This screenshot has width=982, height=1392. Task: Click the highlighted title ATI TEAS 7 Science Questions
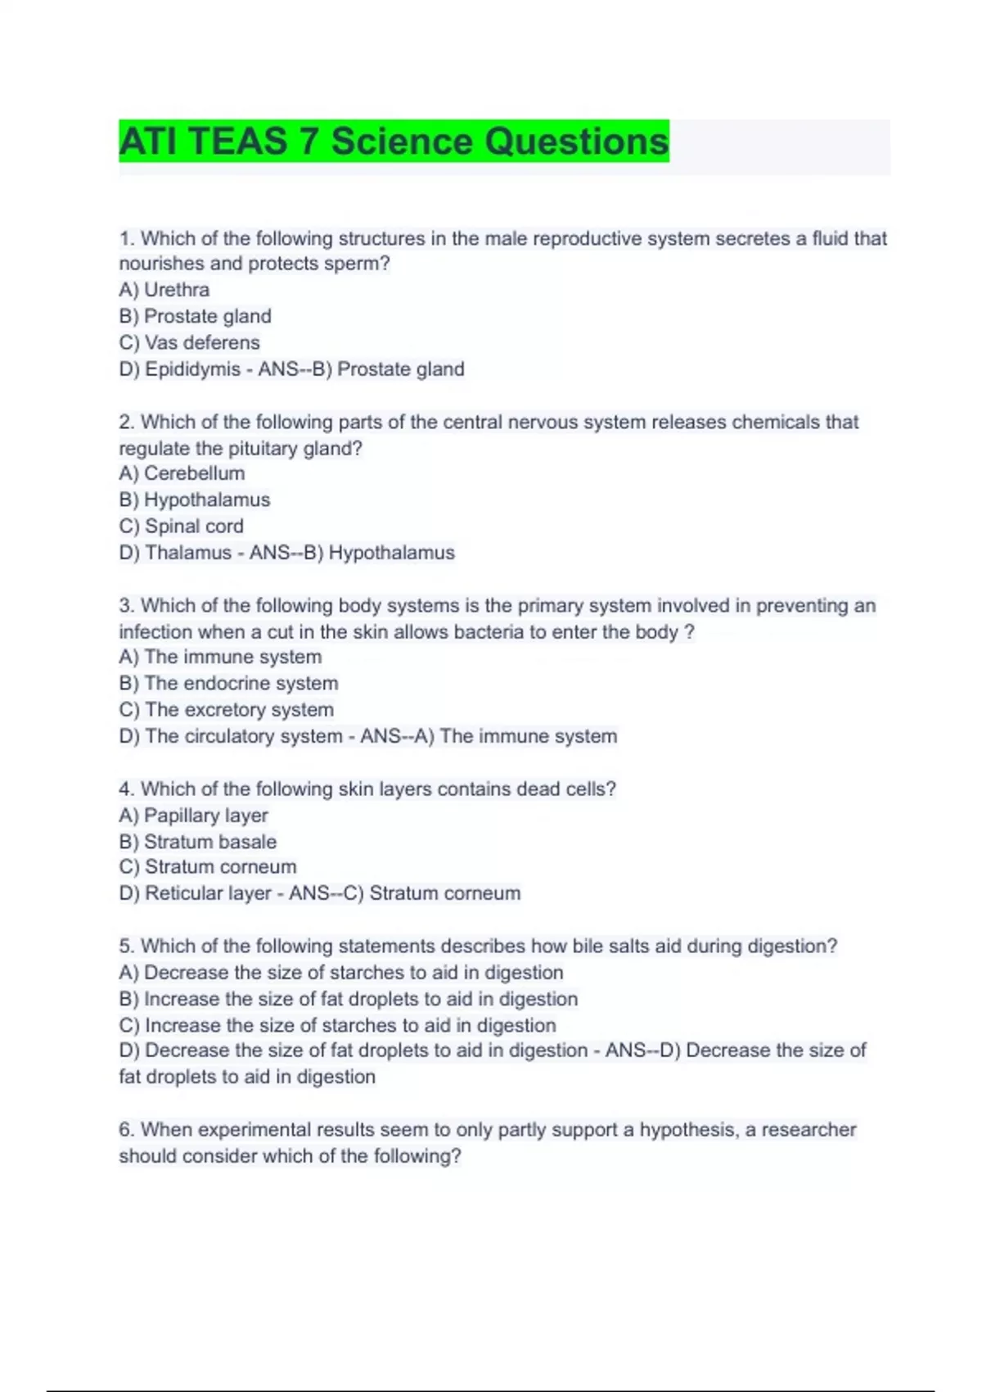[394, 141]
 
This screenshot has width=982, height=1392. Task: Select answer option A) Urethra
[164, 290]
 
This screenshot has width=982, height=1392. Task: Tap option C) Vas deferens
[189, 342]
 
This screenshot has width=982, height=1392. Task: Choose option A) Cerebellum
[182, 473]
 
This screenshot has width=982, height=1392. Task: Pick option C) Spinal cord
[181, 526]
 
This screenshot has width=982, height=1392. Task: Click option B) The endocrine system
[228, 683]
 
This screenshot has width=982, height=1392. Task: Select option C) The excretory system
[226, 709]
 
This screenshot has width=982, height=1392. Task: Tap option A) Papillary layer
[193, 816]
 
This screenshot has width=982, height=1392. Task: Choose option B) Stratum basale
[197, 842]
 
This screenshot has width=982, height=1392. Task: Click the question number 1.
[126, 238]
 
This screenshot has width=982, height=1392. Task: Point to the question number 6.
[126, 1130]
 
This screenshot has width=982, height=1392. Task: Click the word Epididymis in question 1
[192, 369]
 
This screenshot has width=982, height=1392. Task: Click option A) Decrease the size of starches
[340, 973]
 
